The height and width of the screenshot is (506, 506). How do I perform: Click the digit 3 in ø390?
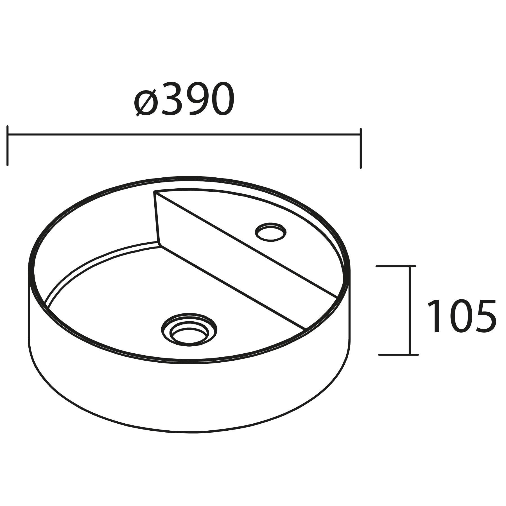(x=171, y=99)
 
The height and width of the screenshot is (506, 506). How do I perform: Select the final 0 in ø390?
(x=220, y=99)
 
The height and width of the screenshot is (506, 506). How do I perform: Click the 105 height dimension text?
(x=461, y=316)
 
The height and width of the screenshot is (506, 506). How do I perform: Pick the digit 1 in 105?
(x=434, y=316)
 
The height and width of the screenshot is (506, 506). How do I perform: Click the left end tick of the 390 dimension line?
(x=8, y=145)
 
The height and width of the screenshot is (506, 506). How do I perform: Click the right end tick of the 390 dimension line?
(x=360, y=148)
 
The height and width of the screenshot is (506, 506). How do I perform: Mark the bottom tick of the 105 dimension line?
(x=399, y=355)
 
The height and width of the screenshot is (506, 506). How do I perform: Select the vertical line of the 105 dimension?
(x=410, y=309)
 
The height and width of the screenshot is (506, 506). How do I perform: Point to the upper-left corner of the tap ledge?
(x=154, y=192)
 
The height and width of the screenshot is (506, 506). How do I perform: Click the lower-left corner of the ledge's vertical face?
(x=159, y=243)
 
